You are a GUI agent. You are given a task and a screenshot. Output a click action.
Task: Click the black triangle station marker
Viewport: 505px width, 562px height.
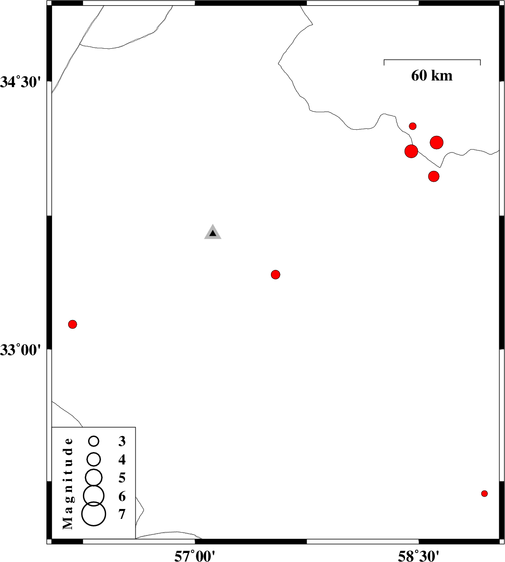point(213,232)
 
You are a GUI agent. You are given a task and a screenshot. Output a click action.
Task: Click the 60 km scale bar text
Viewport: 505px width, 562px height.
point(432,76)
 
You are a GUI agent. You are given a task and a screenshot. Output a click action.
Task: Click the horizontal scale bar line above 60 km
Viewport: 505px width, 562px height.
point(432,60)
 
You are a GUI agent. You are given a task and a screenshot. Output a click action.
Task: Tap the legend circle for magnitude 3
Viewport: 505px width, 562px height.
point(94,441)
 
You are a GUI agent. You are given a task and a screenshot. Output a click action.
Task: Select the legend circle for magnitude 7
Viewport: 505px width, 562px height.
point(94,514)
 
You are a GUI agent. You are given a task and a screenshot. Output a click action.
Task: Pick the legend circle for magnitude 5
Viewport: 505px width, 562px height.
point(94,477)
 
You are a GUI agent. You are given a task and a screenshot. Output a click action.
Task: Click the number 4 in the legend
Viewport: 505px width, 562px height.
point(122,459)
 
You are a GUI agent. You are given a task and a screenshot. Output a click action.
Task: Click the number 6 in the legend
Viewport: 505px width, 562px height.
point(122,496)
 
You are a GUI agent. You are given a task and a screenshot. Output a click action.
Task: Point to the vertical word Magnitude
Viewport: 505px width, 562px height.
point(68,483)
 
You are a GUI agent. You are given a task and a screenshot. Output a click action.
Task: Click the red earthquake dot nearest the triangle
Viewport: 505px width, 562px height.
point(275,275)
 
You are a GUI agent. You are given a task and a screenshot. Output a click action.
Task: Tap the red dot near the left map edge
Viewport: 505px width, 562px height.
point(72,324)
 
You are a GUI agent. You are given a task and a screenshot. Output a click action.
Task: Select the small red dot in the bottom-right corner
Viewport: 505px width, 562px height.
point(484,493)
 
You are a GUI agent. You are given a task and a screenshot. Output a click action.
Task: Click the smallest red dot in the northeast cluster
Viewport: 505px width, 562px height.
point(413,126)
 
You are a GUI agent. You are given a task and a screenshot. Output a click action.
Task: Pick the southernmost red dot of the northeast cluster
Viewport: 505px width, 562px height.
point(433,176)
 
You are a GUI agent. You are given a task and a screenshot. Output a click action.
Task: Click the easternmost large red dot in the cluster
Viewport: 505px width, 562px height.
point(436,143)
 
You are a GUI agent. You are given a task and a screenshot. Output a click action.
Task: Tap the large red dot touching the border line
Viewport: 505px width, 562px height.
point(411,151)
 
